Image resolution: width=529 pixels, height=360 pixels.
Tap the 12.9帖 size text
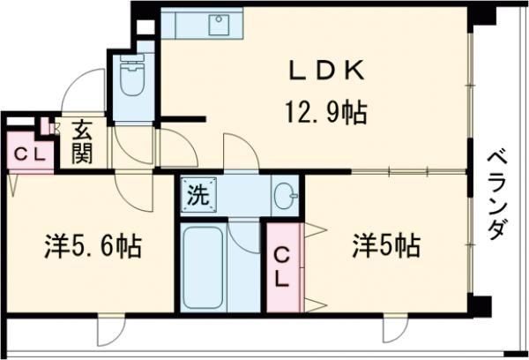[x=325, y=112]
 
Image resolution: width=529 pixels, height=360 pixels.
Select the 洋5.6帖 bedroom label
[x=92, y=246]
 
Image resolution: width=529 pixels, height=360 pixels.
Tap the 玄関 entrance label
[x=82, y=141]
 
